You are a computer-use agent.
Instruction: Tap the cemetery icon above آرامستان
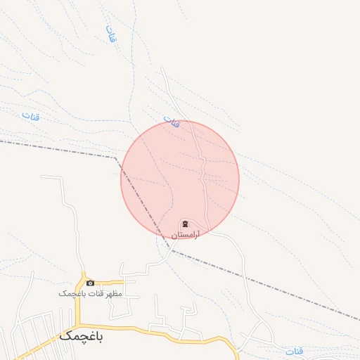point(185,224)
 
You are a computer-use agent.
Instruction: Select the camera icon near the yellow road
point(90,283)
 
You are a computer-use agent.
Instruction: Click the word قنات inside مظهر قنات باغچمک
point(93,292)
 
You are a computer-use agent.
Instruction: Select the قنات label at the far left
point(30,115)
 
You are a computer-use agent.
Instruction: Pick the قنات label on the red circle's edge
point(172,122)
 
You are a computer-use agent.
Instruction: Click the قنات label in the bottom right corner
point(295,350)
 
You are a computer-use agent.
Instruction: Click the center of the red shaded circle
point(180,179)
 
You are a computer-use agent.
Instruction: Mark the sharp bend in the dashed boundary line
point(115,157)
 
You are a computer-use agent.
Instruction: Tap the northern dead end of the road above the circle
point(162,69)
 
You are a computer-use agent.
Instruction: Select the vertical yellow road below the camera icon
point(82,302)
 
